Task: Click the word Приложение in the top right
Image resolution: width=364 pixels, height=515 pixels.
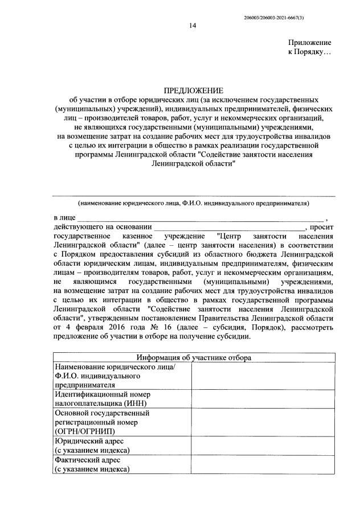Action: (x=310, y=43)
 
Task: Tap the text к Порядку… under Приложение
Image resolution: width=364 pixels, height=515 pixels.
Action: (x=310, y=52)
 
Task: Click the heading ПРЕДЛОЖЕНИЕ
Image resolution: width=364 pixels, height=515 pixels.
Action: (x=194, y=91)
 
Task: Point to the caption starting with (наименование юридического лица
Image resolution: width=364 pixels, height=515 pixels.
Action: (x=194, y=203)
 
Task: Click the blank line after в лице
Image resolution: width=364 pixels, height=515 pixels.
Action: (x=200, y=219)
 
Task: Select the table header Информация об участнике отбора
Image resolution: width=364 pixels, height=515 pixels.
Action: (x=194, y=357)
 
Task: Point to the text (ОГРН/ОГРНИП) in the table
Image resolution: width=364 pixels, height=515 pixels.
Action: (x=86, y=431)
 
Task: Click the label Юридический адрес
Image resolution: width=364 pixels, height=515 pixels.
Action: (x=88, y=441)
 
